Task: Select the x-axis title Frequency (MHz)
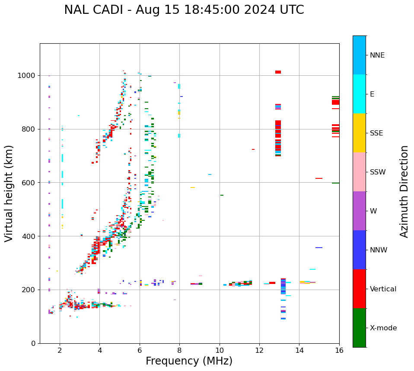(x=189, y=361)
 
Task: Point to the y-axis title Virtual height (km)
(x=9, y=193)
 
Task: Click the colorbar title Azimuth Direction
(x=404, y=191)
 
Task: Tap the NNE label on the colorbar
(x=377, y=55)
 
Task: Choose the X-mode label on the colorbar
(x=383, y=328)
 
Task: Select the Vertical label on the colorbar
(x=383, y=289)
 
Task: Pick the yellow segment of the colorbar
(x=359, y=133)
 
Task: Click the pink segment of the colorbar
(x=359, y=172)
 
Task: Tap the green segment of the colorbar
(x=359, y=328)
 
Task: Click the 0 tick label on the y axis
(x=34, y=343)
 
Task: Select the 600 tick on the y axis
(x=29, y=183)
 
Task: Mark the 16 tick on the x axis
(x=339, y=350)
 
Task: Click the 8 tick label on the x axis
(x=179, y=350)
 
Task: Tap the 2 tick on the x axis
(x=60, y=350)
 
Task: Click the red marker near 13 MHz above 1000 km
(x=278, y=72)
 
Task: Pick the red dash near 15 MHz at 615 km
(x=319, y=178)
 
